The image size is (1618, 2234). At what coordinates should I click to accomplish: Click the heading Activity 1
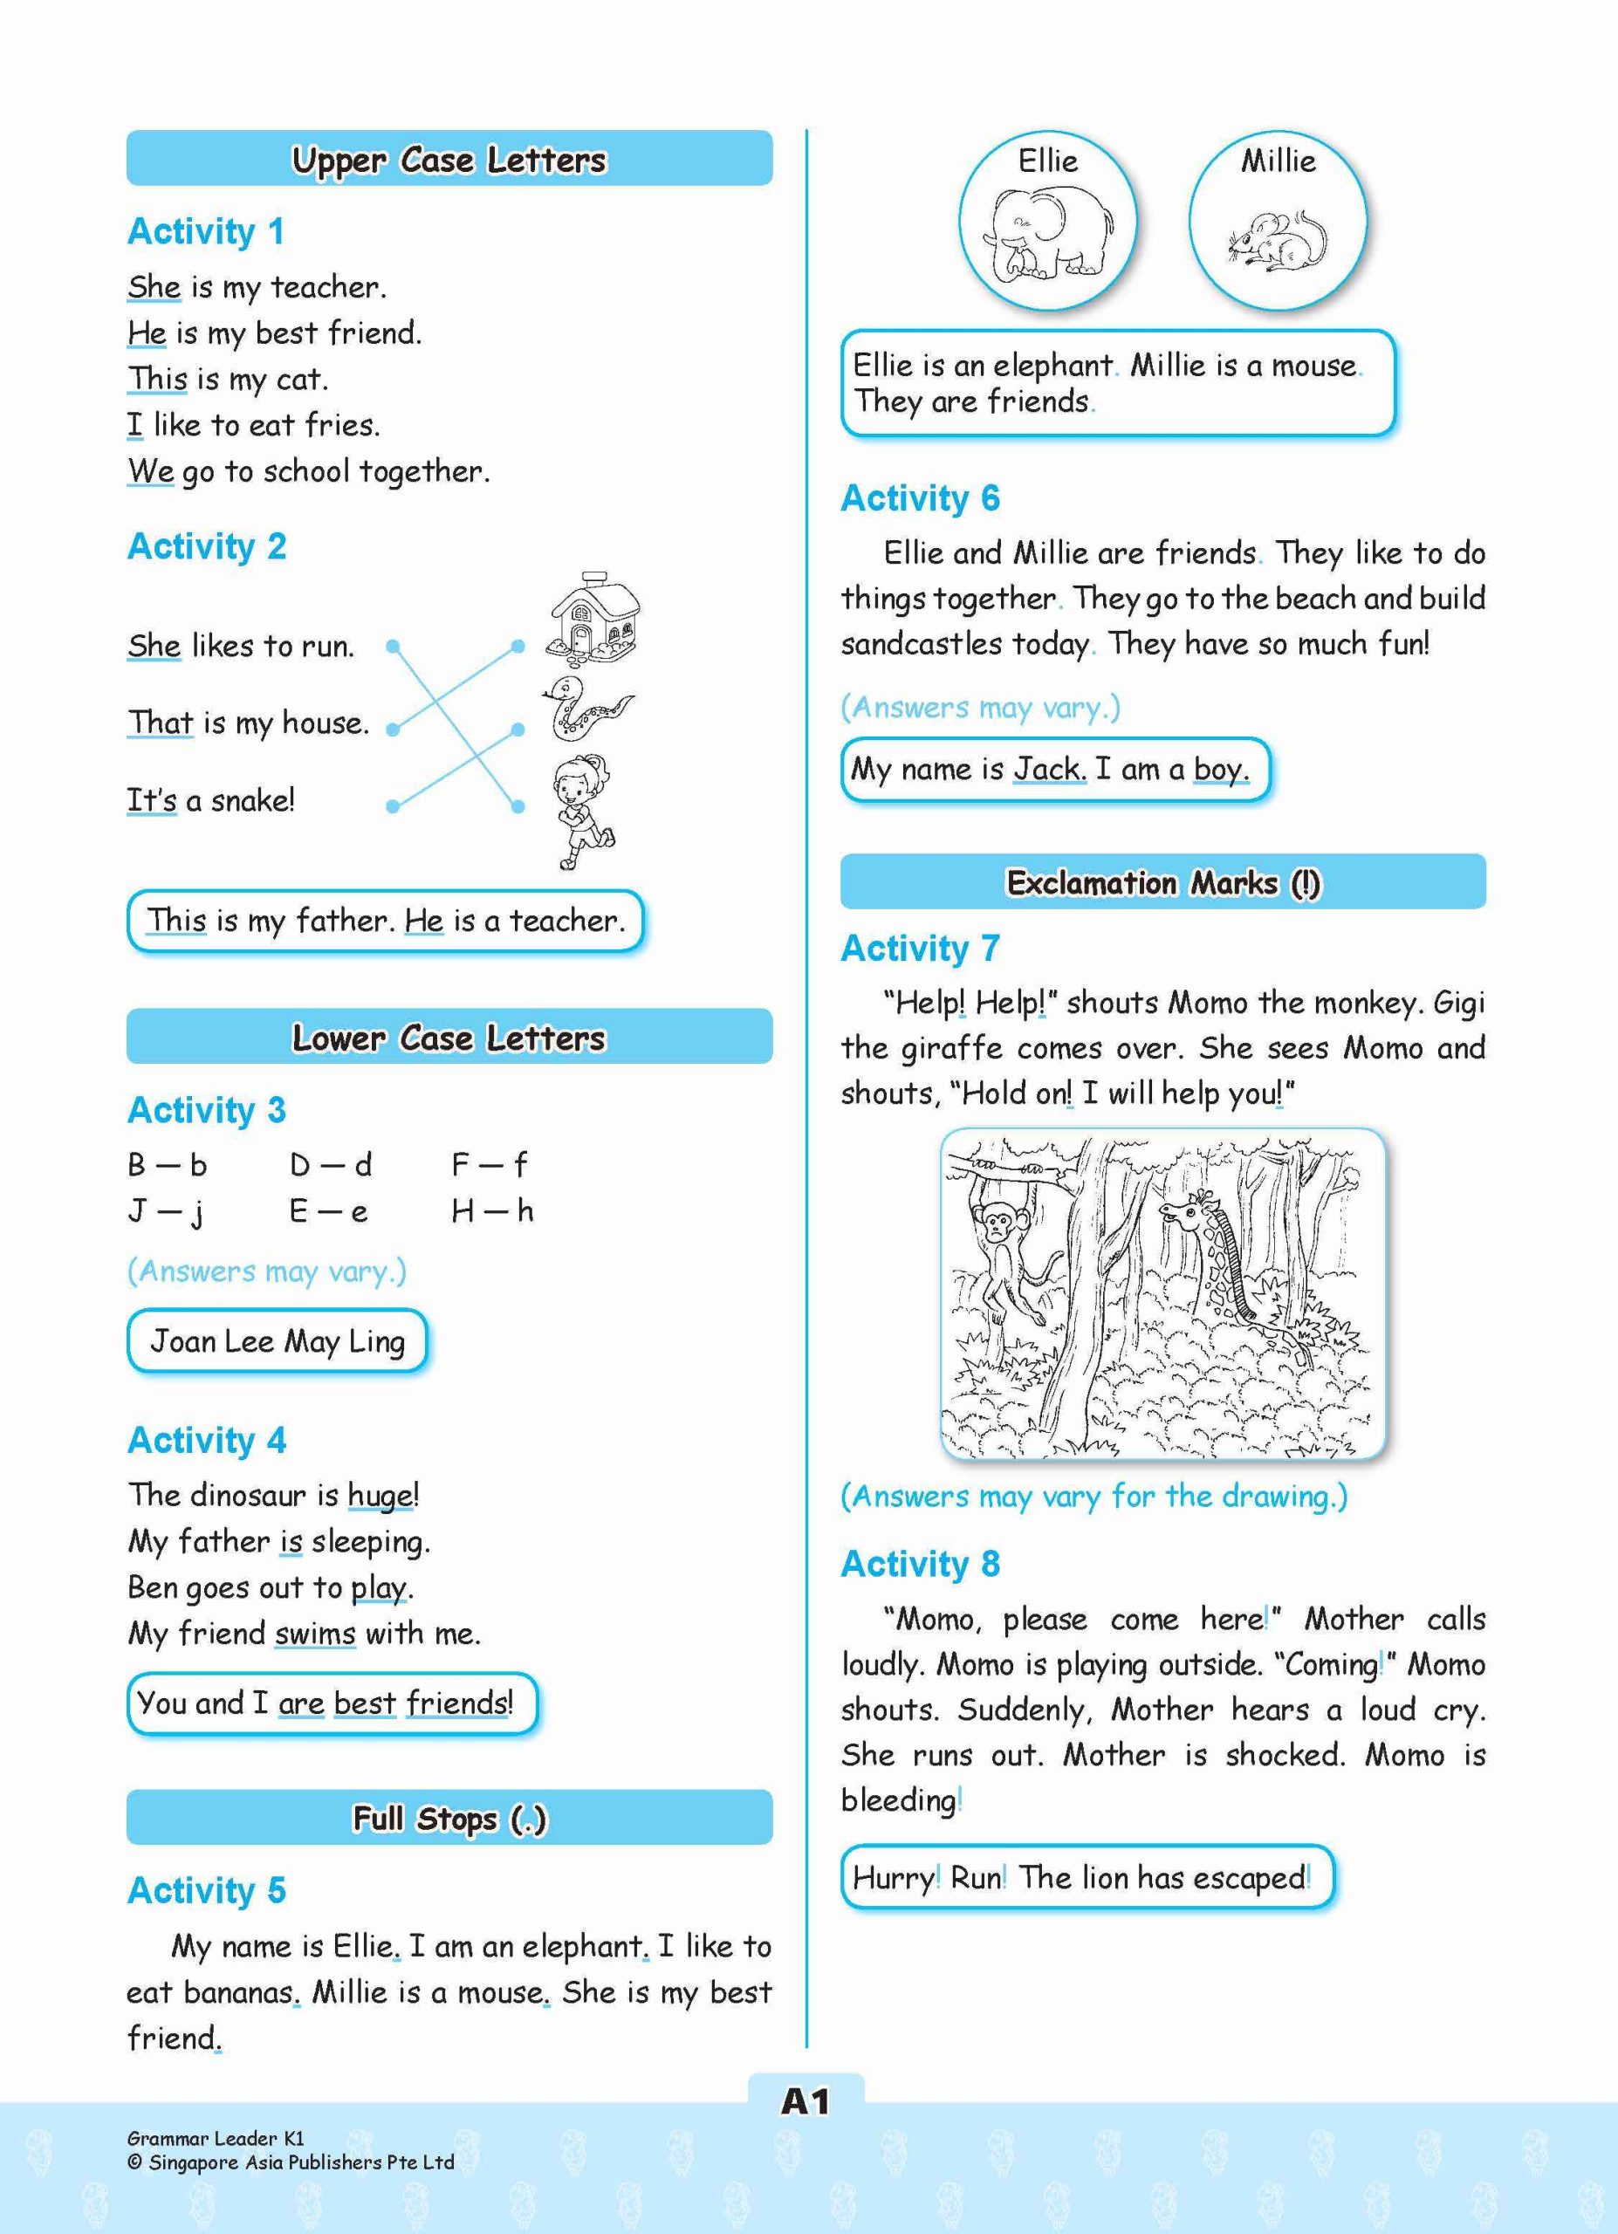tap(206, 231)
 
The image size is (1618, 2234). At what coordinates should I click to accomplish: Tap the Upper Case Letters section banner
tap(449, 159)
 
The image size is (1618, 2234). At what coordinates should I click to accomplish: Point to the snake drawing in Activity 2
tap(585, 707)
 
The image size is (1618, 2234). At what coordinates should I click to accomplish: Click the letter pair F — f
tap(490, 1165)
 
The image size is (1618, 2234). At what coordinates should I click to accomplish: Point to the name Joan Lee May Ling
tap(277, 1340)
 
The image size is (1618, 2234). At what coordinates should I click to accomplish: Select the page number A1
tap(805, 2102)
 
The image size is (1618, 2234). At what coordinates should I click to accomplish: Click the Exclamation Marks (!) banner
tap(1162, 881)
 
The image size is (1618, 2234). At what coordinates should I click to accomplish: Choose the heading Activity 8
tap(920, 1563)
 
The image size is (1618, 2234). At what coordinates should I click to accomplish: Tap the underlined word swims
tap(315, 1632)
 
